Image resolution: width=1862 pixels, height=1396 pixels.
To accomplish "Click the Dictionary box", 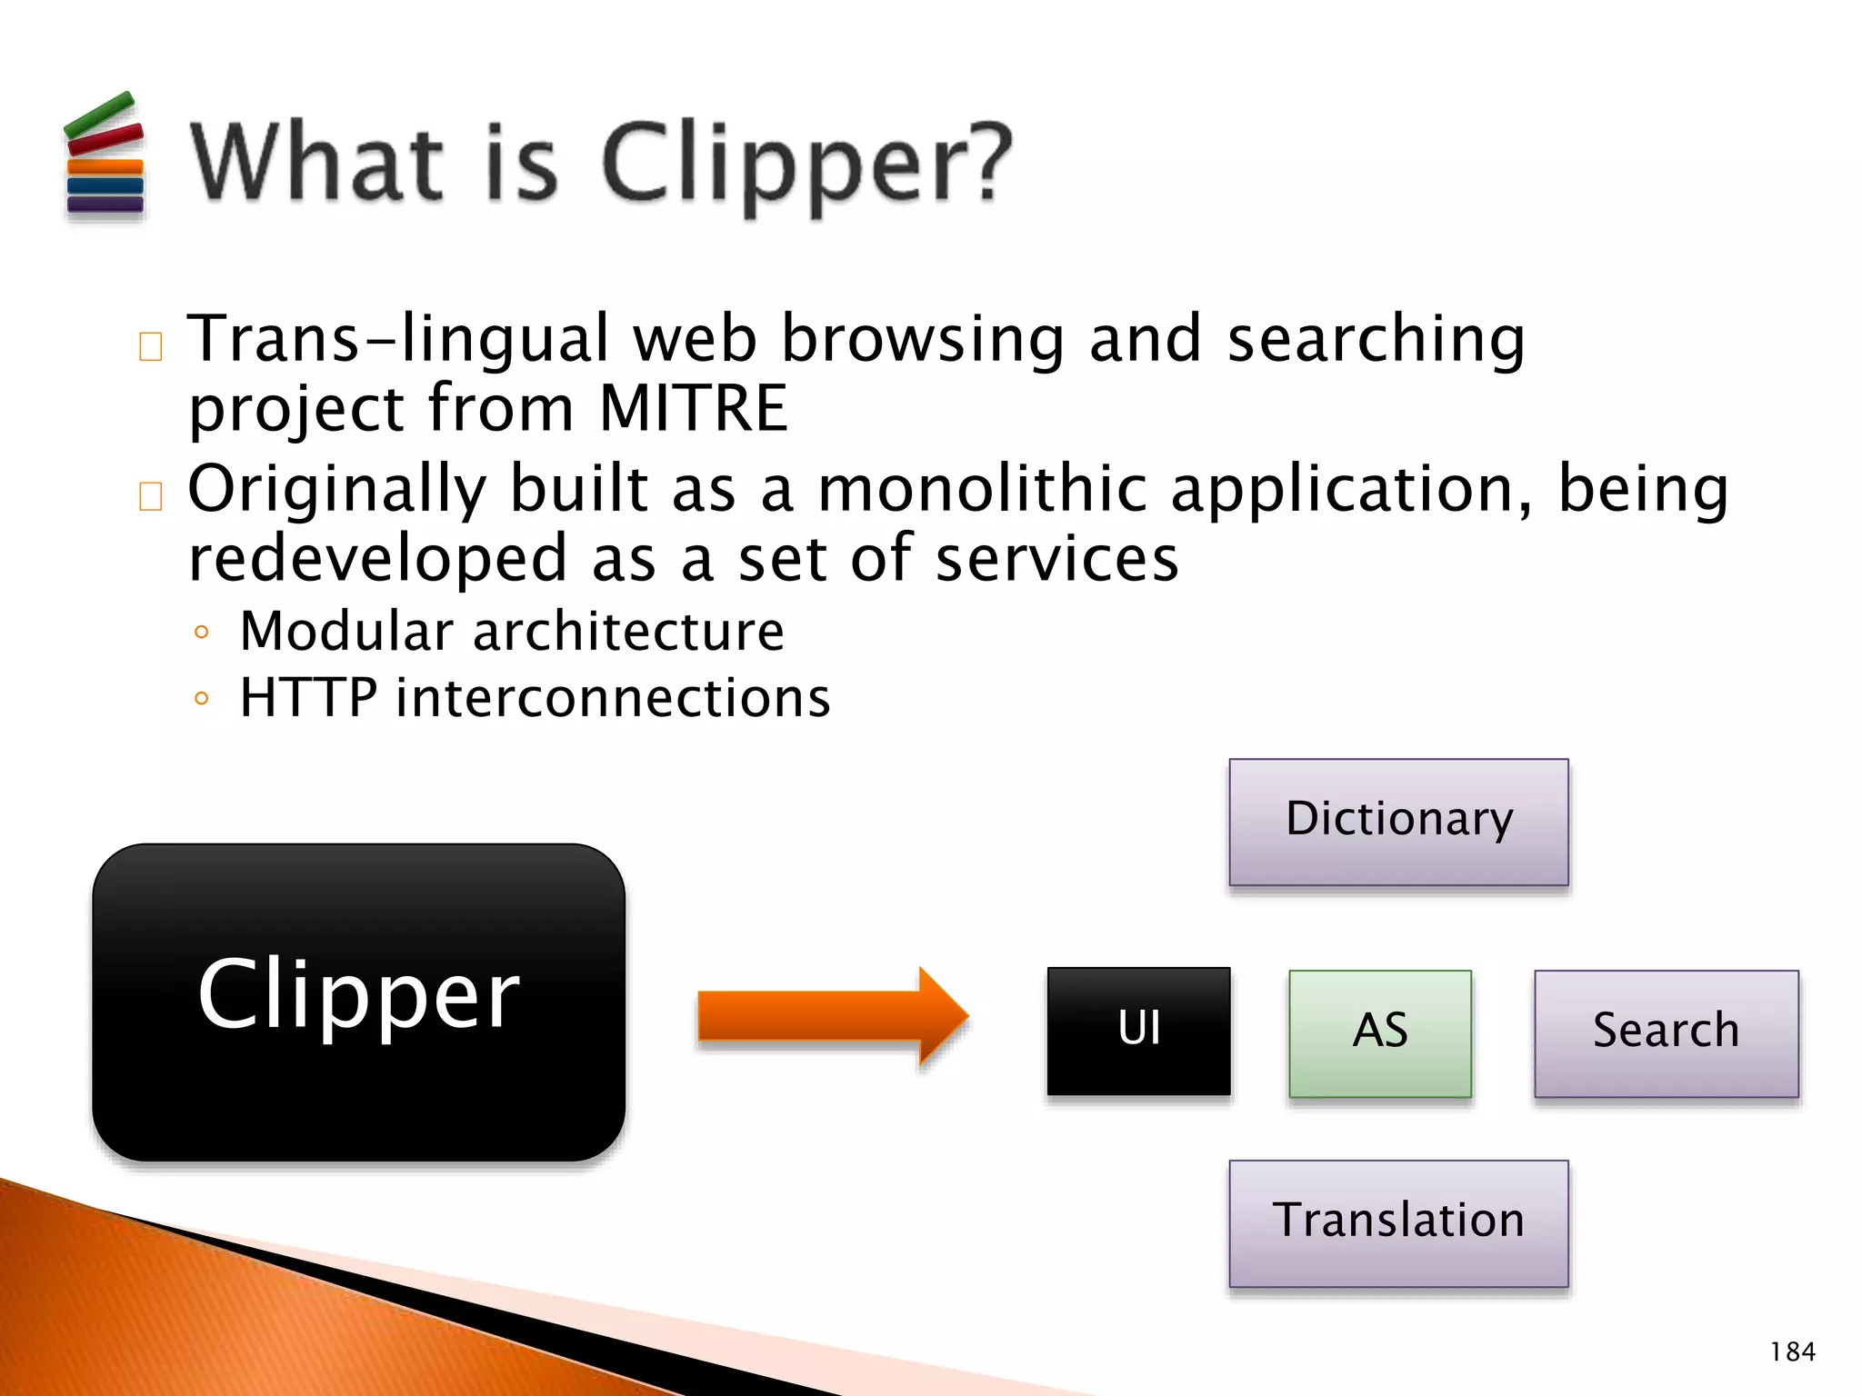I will [1398, 822].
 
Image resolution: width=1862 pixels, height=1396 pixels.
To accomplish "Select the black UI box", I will [1138, 1031].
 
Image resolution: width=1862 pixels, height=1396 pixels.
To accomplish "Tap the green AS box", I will [1379, 1032].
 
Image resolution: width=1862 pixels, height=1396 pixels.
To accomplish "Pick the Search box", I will [1666, 1032].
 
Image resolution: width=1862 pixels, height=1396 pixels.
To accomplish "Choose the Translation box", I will [1398, 1222].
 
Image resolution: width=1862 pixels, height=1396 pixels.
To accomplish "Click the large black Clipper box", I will [358, 1002].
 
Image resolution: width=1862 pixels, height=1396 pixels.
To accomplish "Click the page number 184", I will [1792, 1352].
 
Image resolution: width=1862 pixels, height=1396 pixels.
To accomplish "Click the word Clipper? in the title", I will [806, 164].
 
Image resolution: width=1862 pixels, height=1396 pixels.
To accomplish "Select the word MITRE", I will [693, 409].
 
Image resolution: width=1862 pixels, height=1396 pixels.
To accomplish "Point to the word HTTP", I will [308, 699].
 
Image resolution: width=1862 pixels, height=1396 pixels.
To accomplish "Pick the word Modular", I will [346, 632].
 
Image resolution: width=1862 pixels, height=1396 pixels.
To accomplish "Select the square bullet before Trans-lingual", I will [151, 346].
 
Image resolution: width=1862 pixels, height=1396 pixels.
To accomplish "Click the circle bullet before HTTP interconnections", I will [202, 699].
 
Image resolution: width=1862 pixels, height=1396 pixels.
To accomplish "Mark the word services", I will [1056, 560].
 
